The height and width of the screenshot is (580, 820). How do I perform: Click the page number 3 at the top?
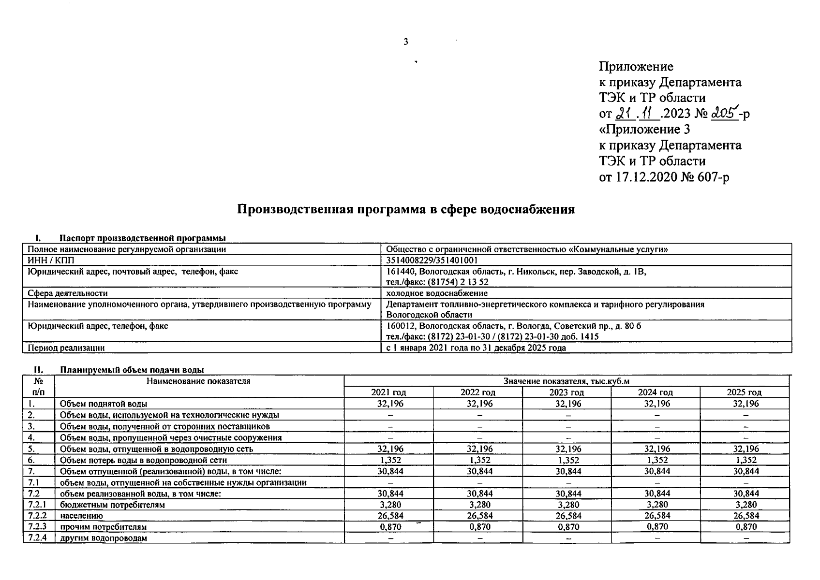tap(406, 42)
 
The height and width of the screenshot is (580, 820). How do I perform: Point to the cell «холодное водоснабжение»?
tap(436, 293)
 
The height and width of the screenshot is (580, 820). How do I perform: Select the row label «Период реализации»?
tap(66, 348)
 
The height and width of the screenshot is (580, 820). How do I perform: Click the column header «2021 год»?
tap(388, 392)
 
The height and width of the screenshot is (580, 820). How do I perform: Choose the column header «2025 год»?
tap(745, 392)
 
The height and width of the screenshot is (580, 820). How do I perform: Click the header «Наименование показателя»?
tap(199, 381)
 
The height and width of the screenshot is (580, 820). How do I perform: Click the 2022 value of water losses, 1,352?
tap(479, 460)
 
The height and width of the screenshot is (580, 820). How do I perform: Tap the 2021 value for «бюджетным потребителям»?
tap(390, 505)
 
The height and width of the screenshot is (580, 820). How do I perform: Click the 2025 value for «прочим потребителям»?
tap(746, 527)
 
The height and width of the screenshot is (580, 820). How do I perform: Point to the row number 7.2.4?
tap(38, 537)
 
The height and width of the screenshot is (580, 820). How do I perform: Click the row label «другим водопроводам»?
tap(104, 538)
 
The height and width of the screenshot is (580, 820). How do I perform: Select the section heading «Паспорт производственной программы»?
tap(143, 238)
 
